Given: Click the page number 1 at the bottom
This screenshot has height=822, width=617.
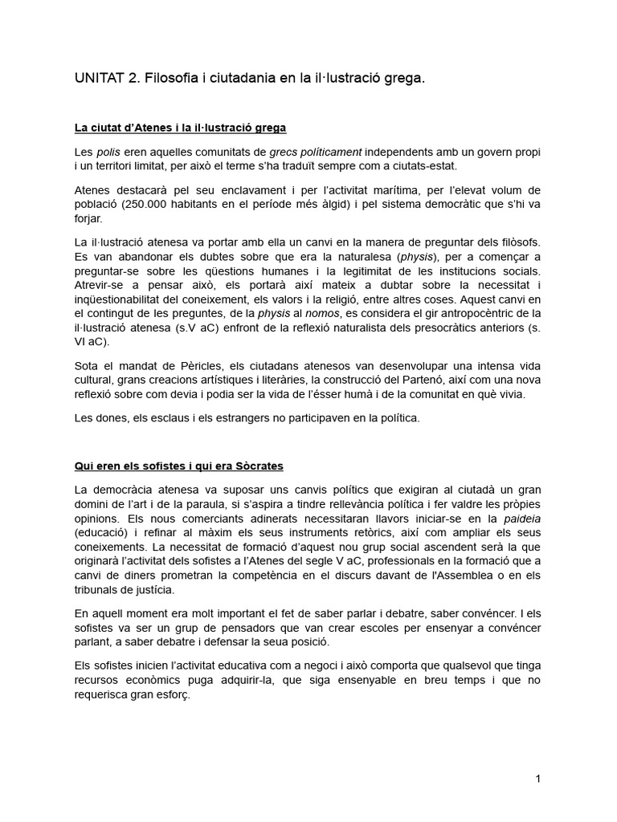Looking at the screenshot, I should point(538,779).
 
